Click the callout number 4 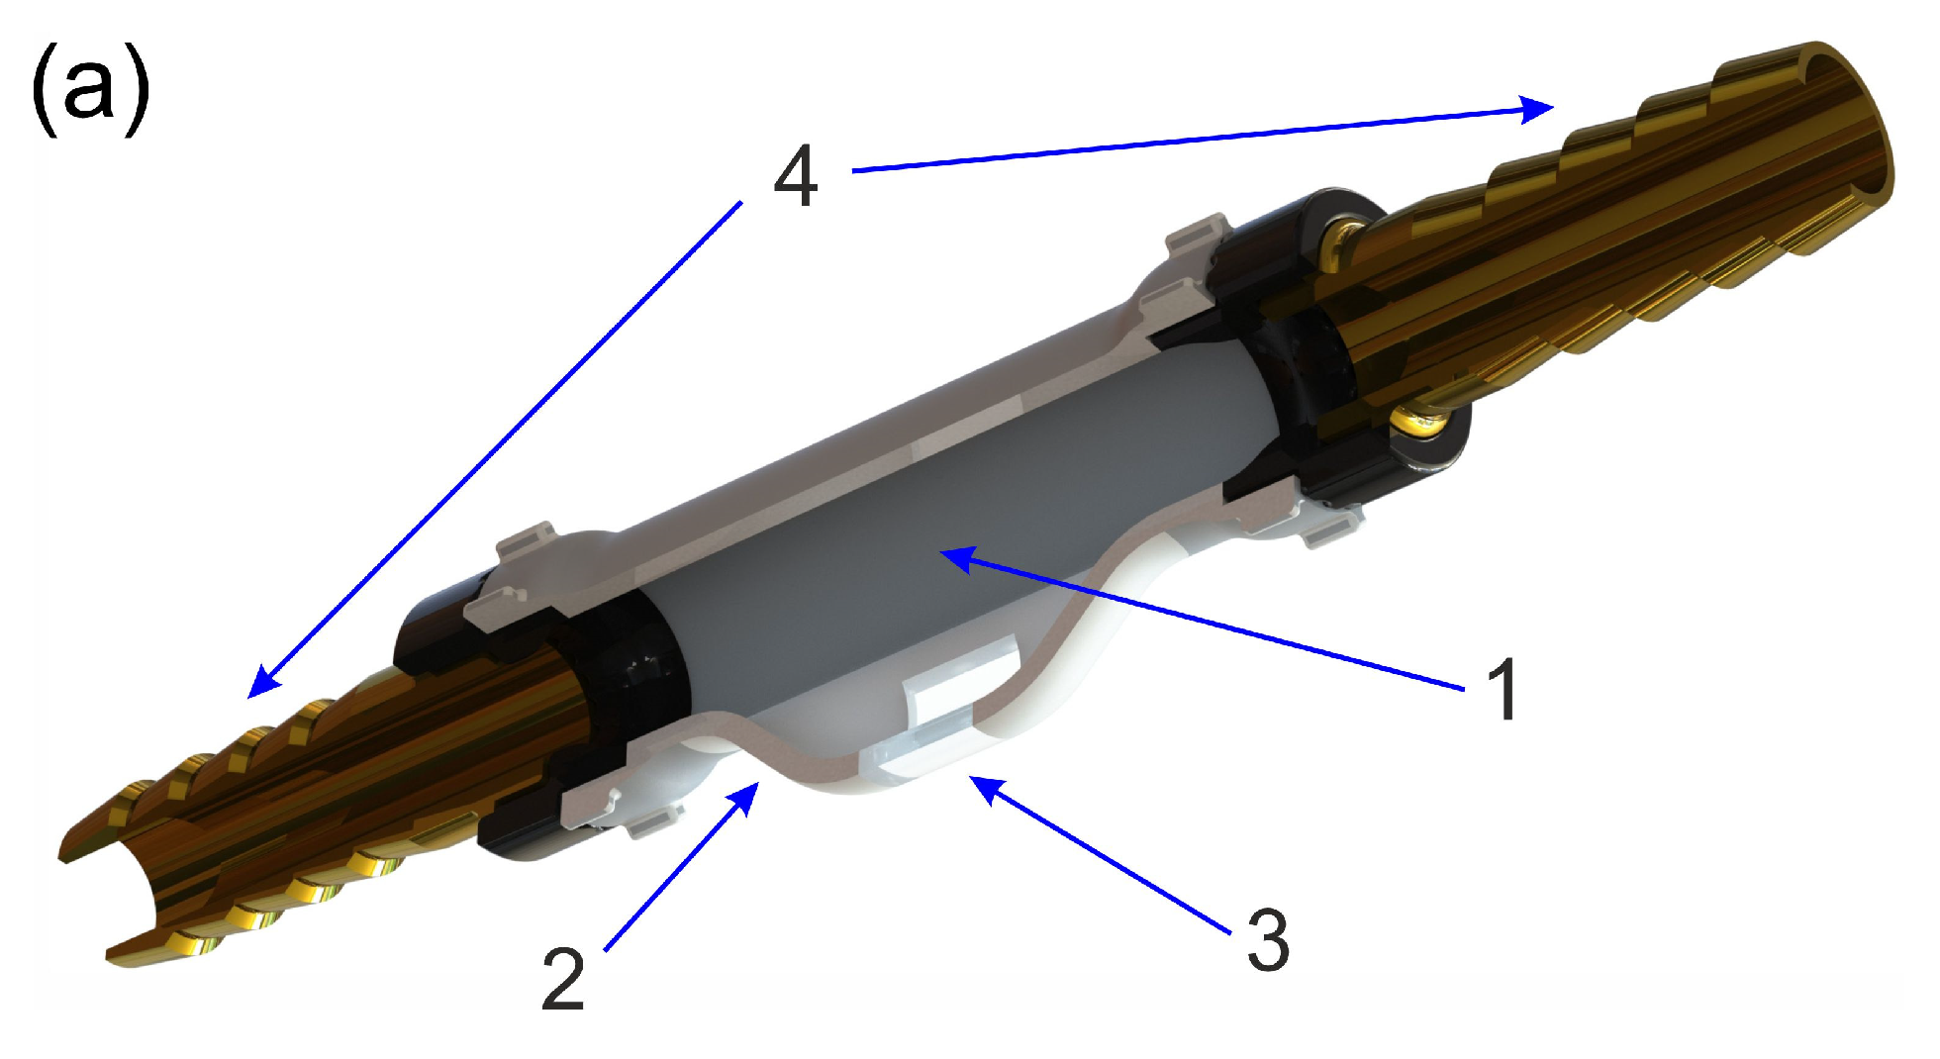pos(796,176)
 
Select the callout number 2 pos(563,979)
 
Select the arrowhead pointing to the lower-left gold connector pos(262,683)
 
